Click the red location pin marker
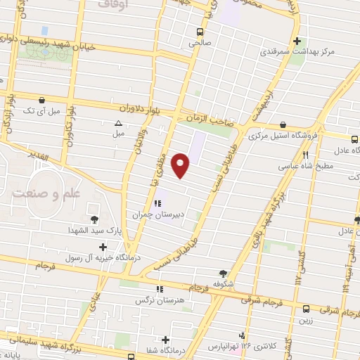[x=182, y=164]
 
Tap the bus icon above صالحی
[x=200, y=32]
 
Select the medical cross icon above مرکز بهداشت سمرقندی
[x=297, y=41]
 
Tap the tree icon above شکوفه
[x=224, y=273]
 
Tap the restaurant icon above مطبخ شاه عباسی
[x=305, y=155]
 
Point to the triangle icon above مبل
[x=118, y=124]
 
